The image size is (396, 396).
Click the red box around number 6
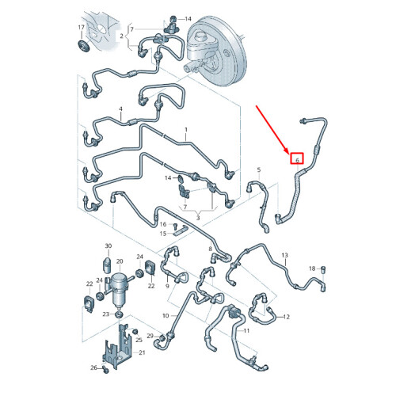coord(297,158)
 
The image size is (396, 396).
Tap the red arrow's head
coord(287,151)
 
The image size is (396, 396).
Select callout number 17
coord(81,27)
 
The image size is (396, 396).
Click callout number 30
coord(109,246)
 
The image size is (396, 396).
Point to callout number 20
coord(120,261)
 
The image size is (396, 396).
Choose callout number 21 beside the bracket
coord(142,352)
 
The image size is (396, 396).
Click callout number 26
coord(93,367)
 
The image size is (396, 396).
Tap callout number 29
coord(150,336)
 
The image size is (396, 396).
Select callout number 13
coord(284,255)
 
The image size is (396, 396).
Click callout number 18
coord(312,268)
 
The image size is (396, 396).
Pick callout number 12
coord(287,317)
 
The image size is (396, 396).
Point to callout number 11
coord(246,330)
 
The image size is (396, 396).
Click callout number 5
coord(259,169)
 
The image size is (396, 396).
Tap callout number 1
coord(186,130)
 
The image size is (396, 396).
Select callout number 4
coord(120,109)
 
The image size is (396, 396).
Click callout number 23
coord(106,314)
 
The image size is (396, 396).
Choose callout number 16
coord(163,224)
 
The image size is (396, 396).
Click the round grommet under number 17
coord(84,46)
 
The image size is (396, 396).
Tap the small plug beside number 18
coord(324,270)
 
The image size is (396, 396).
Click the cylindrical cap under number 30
coord(107,266)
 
